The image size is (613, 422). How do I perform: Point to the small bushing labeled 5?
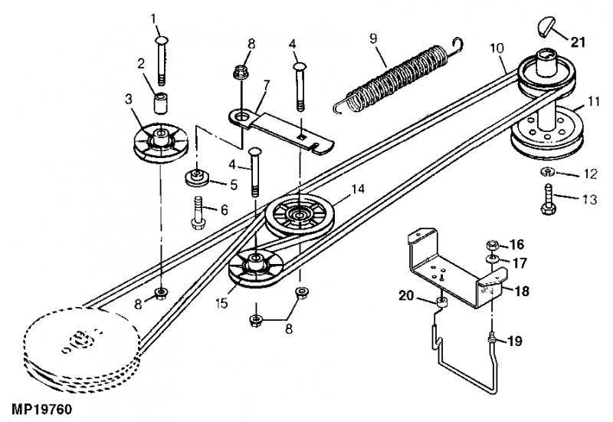[x=197, y=180]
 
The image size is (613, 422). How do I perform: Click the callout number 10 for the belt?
[x=497, y=48]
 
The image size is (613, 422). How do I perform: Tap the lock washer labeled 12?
[x=549, y=172]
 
